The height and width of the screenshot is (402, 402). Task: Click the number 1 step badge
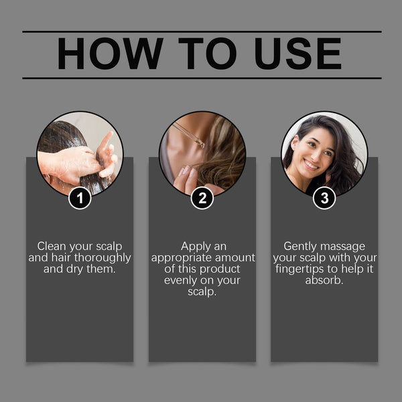80,198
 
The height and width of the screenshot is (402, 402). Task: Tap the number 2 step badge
202,198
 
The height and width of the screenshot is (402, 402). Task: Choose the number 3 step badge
324,198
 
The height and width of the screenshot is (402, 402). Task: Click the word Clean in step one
52,246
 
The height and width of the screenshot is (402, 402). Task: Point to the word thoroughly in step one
100,258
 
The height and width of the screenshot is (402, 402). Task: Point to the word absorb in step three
324,281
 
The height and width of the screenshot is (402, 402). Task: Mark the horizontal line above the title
202,31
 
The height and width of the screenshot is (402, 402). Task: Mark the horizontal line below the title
202,78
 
